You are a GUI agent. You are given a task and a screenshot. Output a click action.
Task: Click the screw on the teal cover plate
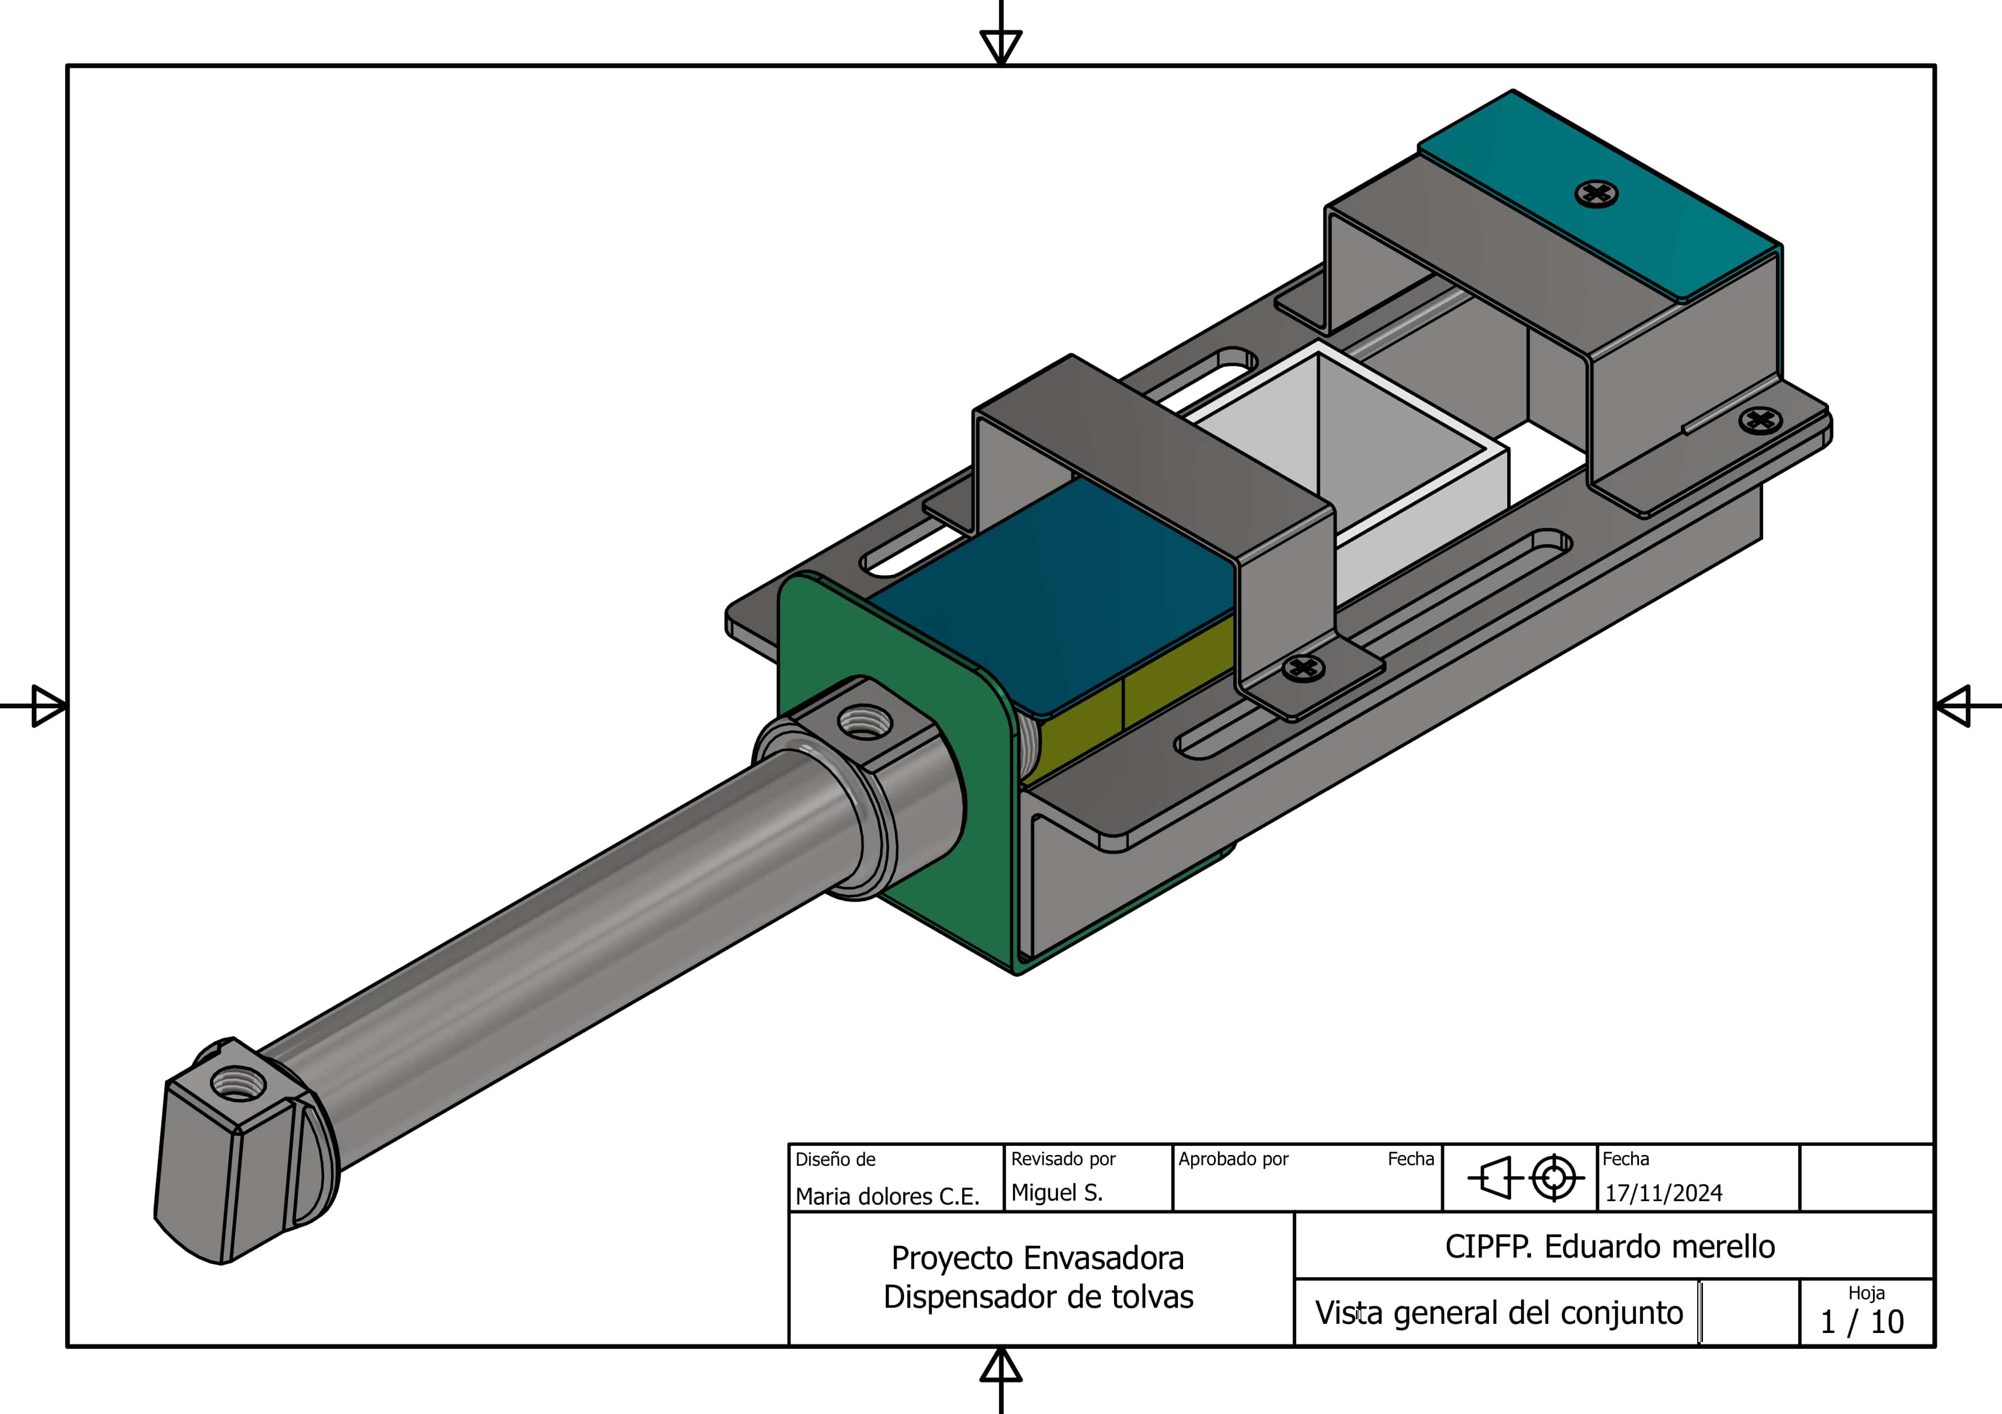click(x=1597, y=193)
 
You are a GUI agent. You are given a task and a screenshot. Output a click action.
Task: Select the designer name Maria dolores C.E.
click(x=887, y=1196)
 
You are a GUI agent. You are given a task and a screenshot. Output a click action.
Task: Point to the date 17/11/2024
click(x=1664, y=1193)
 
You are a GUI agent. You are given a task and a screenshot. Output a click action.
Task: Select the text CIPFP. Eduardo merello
click(x=1609, y=1247)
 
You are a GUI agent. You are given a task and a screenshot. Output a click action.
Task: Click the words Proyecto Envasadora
click(x=1038, y=1258)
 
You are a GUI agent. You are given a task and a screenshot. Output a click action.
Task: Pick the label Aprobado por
click(x=1233, y=1158)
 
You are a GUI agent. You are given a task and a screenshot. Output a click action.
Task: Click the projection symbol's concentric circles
click(x=1554, y=1178)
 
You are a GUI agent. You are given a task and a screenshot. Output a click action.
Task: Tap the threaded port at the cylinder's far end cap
click(x=233, y=1085)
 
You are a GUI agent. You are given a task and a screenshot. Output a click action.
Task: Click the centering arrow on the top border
click(x=1001, y=43)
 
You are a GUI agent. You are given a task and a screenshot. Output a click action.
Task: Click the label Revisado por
click(x=1063, y=1158)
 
